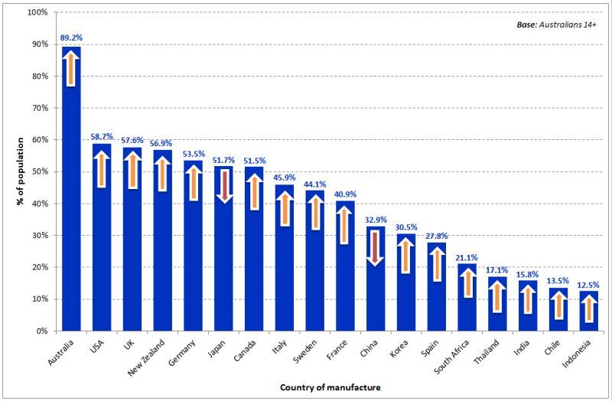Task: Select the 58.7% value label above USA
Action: pyautogui.click(x=102, y=137)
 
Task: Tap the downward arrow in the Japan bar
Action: pyautogui.click(x=224, y=186)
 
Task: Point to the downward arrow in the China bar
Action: pyautogui.click(x=375, y=248)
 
